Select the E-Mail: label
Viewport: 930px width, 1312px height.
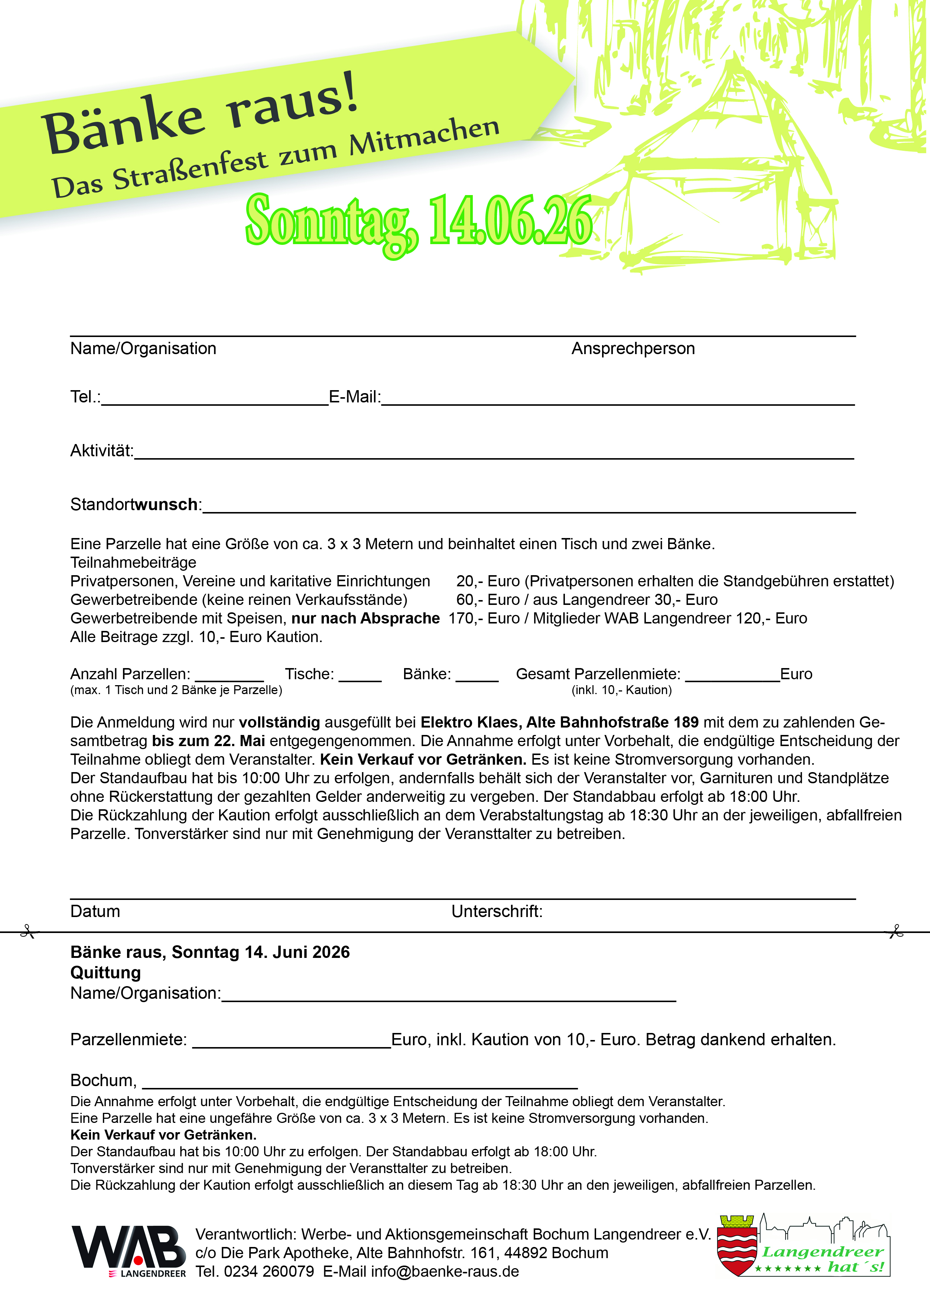tap(354, 396)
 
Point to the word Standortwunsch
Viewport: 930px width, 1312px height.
tap(134, 504)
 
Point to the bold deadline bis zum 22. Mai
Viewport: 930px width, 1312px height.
tap(208, 741)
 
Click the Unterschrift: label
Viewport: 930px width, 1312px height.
tap(497, 911)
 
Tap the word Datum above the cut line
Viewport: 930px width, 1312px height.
tap(95, 911)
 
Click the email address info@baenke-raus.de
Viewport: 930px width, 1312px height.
tap(445, 1271)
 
